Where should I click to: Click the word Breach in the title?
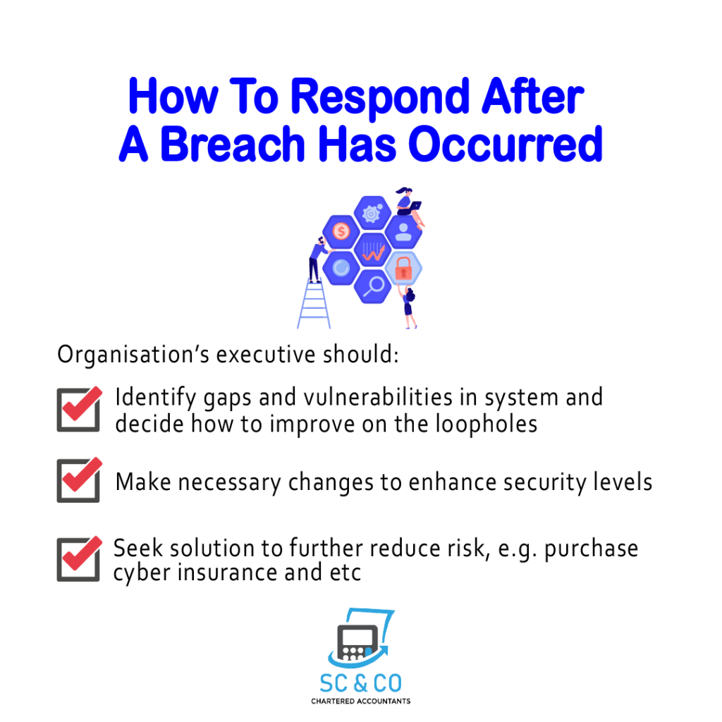click(233, 144)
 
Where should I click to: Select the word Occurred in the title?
click(506, 144)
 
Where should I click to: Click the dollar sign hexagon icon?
click(341, 231)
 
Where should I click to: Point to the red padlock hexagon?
click(403, 268)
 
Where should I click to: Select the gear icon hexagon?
click(372, 213)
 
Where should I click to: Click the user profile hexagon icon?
click(403, 231)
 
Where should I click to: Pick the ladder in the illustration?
click(314, 305)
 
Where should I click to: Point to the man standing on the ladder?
click(317, 259)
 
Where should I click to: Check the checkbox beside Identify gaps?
click(79, 410)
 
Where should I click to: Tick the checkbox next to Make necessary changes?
click(79, 479)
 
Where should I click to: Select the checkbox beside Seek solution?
click(79, 558)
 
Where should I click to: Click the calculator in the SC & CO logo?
click(357, 642)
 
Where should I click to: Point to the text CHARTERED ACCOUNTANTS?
click(360, 702)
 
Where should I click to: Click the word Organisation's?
click(133, 355)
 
